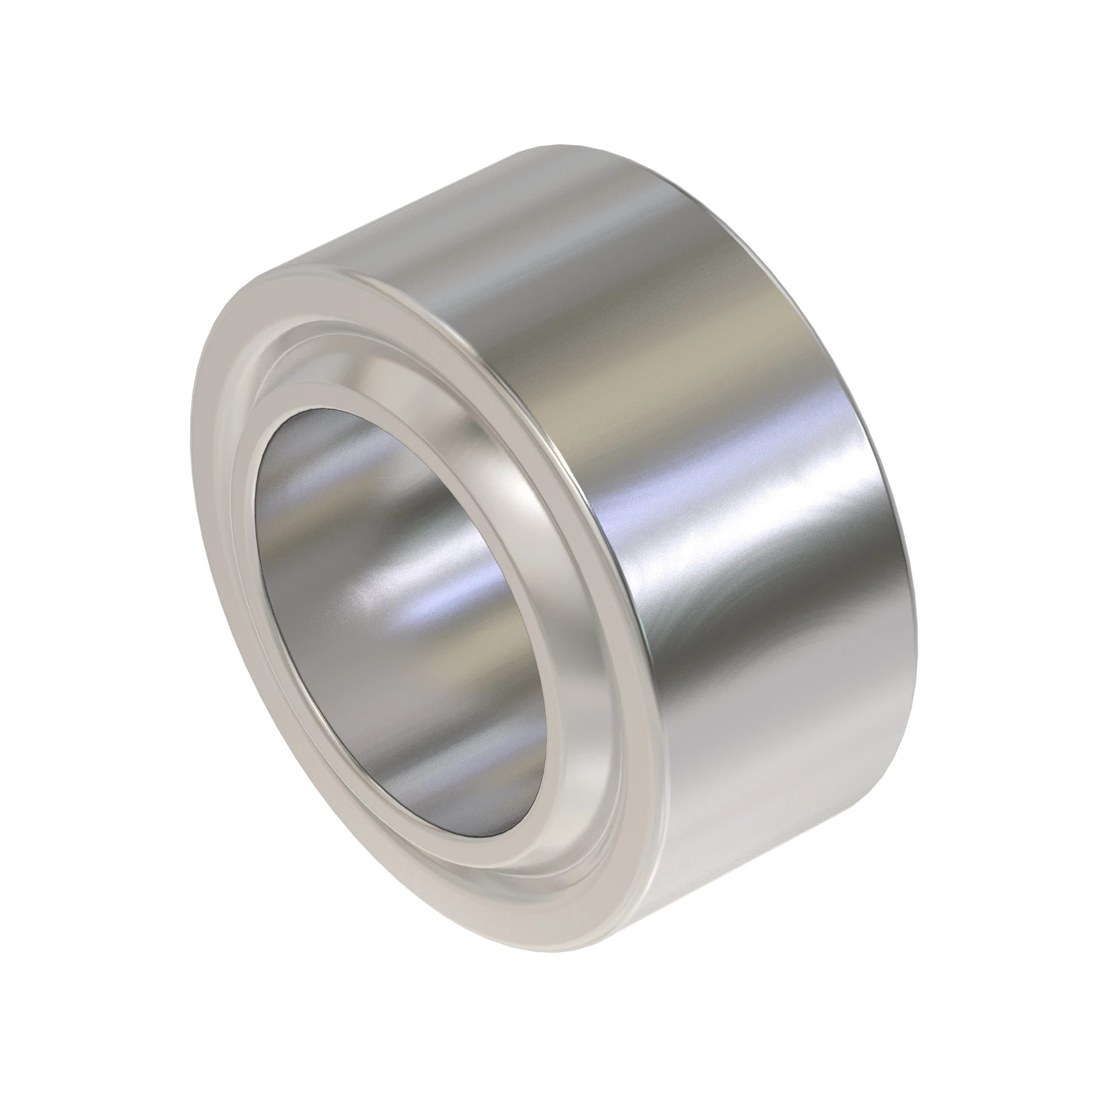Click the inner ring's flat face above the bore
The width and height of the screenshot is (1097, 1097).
[318, 392]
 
